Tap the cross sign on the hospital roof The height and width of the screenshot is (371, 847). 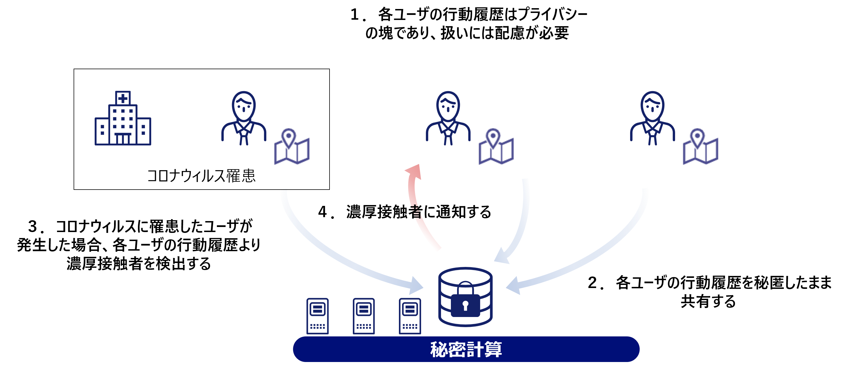coord(123,98)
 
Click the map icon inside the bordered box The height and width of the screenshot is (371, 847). coord(292,147)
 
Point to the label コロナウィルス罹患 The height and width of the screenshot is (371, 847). coord(201,176)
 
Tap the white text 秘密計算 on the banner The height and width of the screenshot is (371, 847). coord(466,349)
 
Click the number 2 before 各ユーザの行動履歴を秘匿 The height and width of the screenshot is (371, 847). coord(592,283)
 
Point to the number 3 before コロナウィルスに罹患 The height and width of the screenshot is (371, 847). coord(33,226)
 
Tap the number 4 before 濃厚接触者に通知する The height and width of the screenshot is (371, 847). coord(323,212)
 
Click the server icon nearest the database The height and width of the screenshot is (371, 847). coord(410,316)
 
